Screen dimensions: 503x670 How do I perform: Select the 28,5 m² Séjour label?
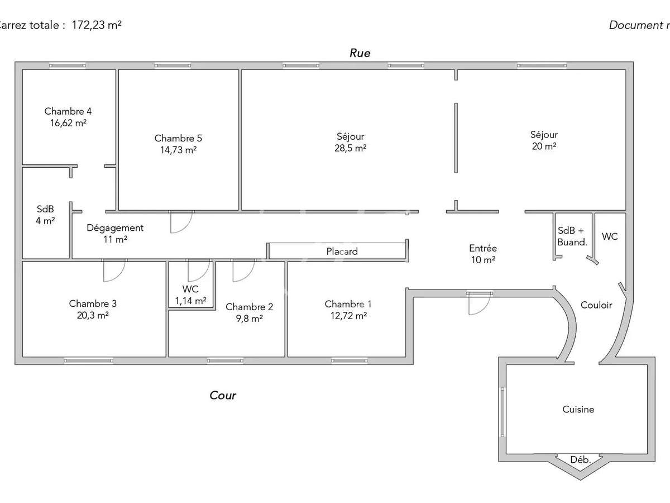(x=351, y=142)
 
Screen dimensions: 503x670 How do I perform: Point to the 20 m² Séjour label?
(x=544, y=140)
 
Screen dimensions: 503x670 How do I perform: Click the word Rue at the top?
(x=360, y=53)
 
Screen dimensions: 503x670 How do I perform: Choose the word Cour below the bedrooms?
(x=223, y=396)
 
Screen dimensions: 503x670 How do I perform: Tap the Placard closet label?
(x=342, y=251)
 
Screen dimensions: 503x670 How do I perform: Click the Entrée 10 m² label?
(x=482, y=254)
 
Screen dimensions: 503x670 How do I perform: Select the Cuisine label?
(x=578, y=410)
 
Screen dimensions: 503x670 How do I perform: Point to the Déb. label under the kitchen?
(x=580, y=460)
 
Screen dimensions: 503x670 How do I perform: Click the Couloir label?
(x=596, y=305)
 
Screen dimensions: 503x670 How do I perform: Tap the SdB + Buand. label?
(x=572, y=236)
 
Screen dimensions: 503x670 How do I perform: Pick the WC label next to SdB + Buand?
(x=610, y=236)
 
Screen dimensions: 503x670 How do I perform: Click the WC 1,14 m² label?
(x=190, y=295)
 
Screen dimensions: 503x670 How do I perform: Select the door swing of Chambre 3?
(x=114, y=271)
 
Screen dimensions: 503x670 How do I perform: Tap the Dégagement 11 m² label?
(x=115, y=233)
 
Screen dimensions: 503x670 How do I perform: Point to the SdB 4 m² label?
(x=45, y=215)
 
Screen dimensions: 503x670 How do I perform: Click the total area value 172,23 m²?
(x=97, y=25)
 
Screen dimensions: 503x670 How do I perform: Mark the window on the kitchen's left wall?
(x=502, y=412)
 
